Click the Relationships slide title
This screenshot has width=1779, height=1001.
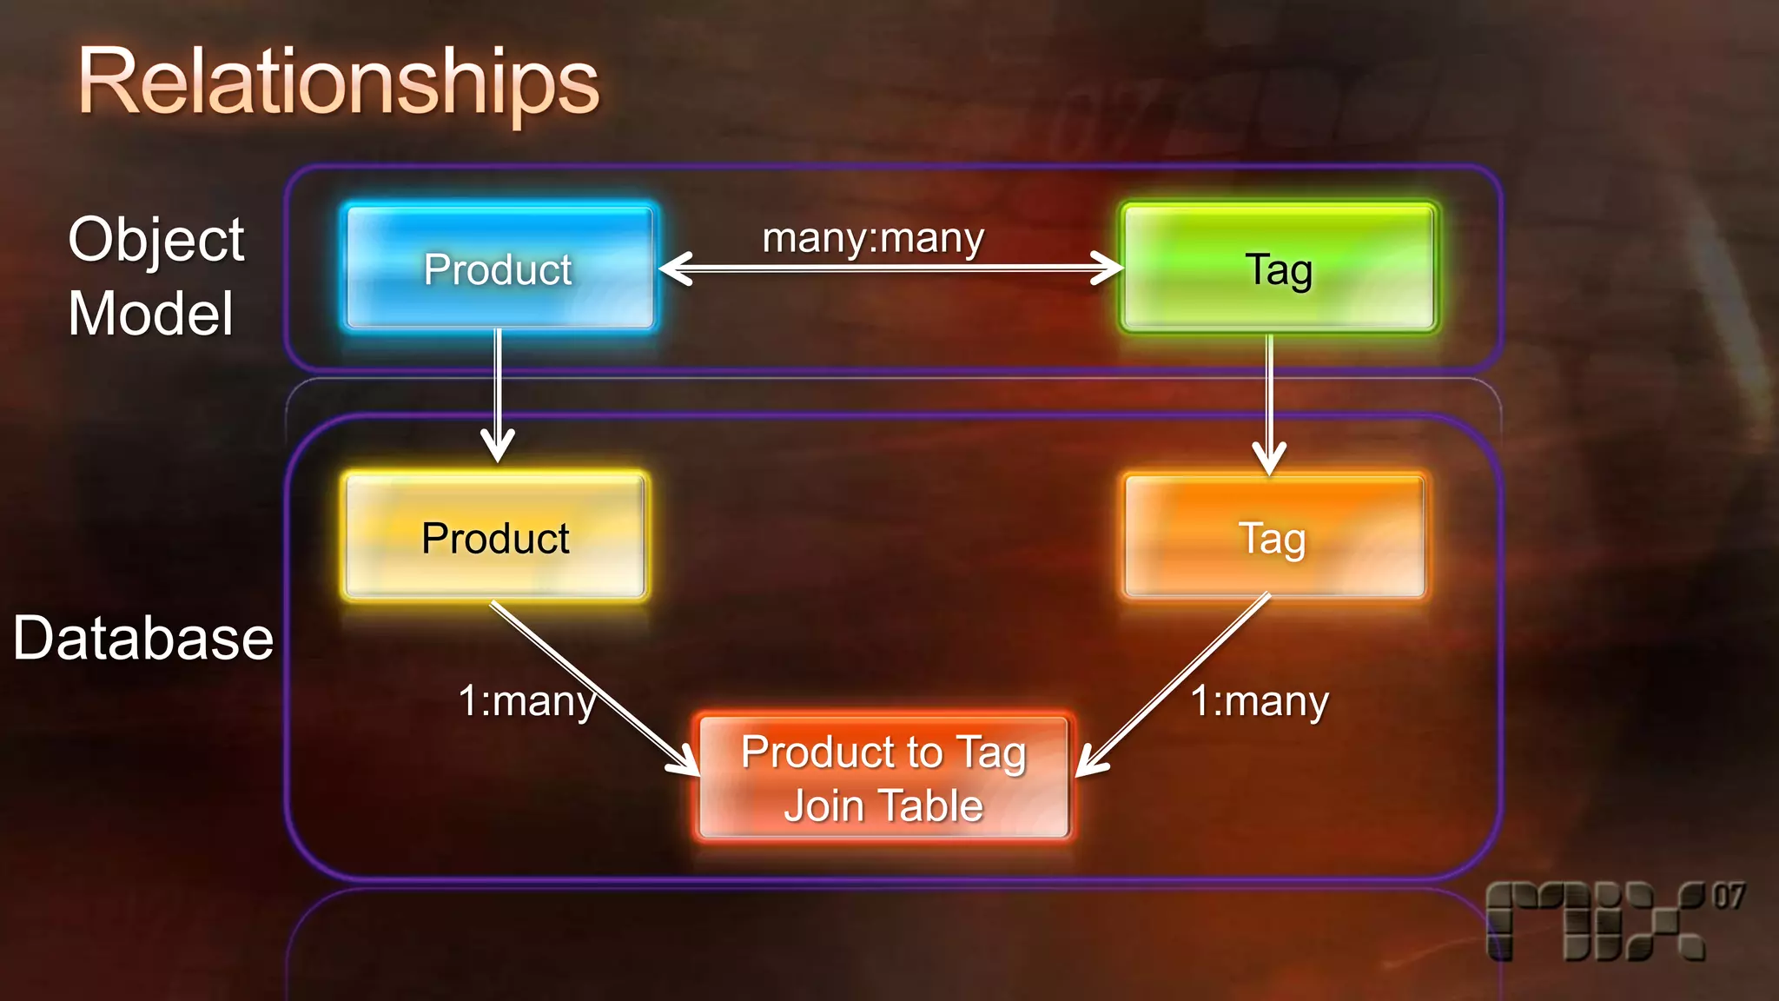click(x=338, y=82)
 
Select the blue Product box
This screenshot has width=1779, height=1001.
click(x=499, y=268)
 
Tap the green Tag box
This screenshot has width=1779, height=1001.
click(x=1278, y=268)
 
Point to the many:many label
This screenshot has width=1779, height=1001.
click(x=873, y=238)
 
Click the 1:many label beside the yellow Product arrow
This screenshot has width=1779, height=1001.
click(x=526, y=701)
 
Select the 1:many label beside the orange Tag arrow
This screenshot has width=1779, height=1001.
click(x=1260, y=701)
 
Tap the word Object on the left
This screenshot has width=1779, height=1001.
click(x=156, y=241)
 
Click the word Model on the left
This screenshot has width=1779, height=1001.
click(x=151, y=314)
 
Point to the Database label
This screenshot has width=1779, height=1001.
click(x=143, y=639)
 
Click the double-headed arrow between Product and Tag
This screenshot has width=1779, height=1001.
click(x=890, y=268)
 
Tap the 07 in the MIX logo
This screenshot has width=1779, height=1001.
click(x=1728, y=896)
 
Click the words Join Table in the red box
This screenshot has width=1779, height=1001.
click(x=883, y=805)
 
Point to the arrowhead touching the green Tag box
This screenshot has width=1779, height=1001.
click(x=1108, y=268)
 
